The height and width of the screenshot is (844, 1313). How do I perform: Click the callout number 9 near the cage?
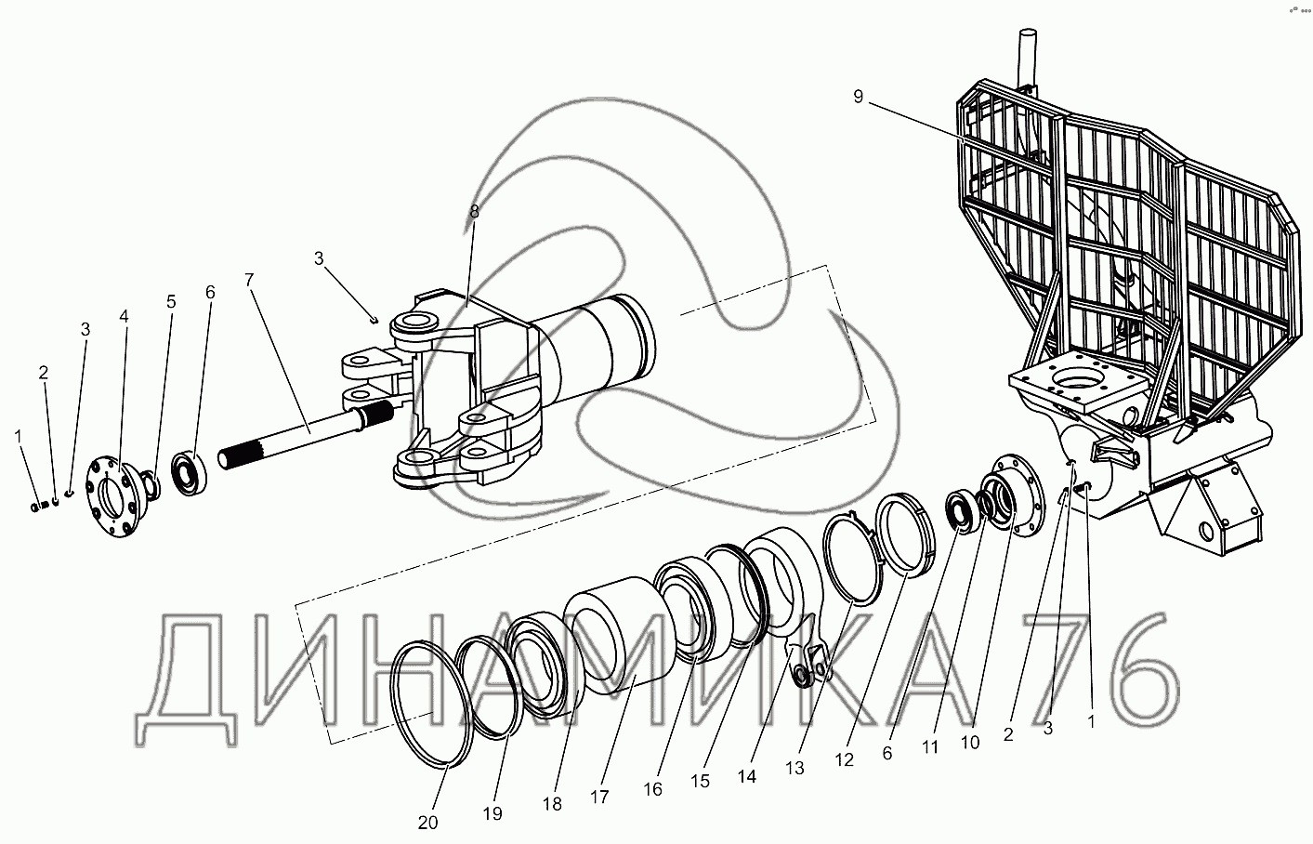(x=857, y=97)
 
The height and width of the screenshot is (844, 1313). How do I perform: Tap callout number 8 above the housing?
(x=474, y=212)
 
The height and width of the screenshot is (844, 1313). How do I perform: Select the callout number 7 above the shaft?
(x=248, y=279)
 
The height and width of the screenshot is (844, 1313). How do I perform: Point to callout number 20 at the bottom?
(x=427, y=822)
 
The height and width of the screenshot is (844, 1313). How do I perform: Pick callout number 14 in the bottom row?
(x=748, y=775)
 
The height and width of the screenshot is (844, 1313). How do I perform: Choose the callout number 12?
(x=844, y=759)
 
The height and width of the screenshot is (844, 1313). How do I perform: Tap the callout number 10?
(x=970, y=743)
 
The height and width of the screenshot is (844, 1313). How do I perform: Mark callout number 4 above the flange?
(x=125, y=316)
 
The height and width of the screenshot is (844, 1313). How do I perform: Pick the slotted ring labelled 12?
(x=907, y=536)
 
